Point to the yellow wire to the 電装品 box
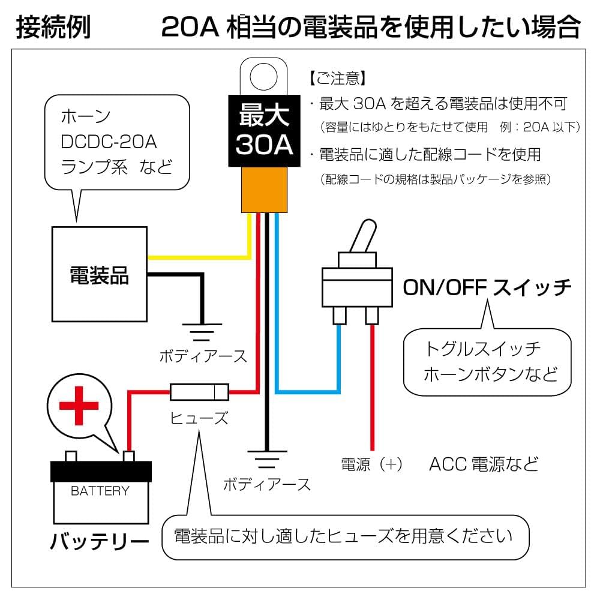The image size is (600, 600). tap(198, 257)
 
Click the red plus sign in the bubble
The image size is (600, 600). tap(79, 406)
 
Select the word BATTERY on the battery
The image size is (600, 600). tap(100, 491)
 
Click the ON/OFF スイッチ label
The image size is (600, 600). tap(487, 288)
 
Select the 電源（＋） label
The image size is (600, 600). tap(372, 464)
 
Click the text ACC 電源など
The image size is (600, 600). tap(484, 464)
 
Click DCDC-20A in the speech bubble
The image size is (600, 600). tap(109, 142)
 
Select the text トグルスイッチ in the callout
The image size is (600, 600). tap(483, 349)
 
